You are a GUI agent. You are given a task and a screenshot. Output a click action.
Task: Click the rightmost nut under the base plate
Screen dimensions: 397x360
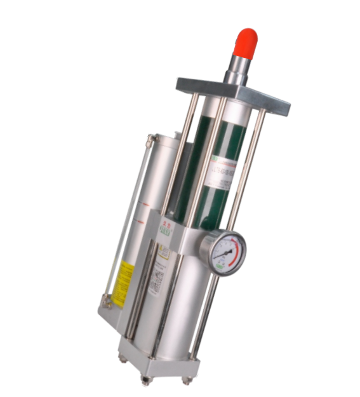click(x=186, y=380)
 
